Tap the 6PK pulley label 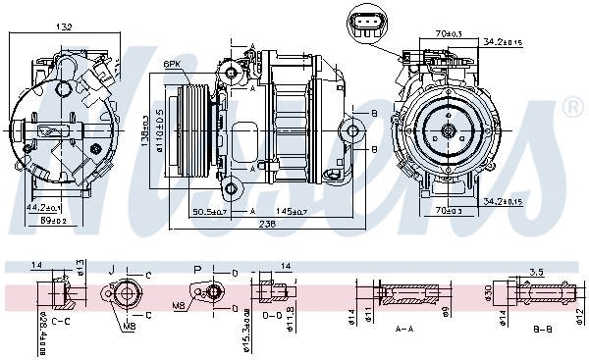(172, 64)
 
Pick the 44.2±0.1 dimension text (43, 208)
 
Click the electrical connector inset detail (368, 24)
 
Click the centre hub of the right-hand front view (448, 130)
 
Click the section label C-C (60, 321)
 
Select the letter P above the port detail (197, 268)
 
